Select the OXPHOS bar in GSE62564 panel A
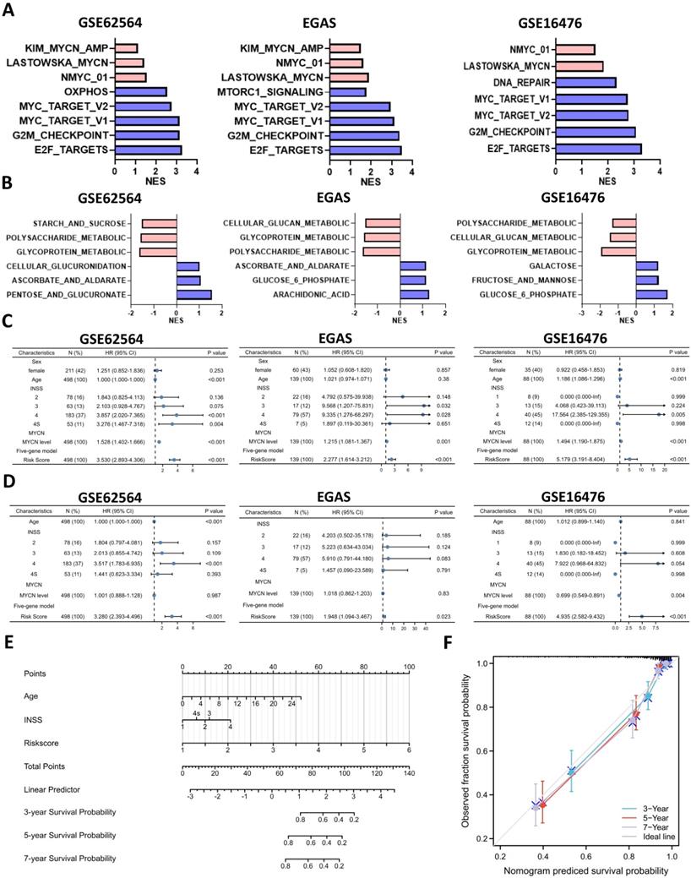pos(140,91)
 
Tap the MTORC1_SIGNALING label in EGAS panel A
pos(280,91)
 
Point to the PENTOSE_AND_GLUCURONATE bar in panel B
pos(193,294)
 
